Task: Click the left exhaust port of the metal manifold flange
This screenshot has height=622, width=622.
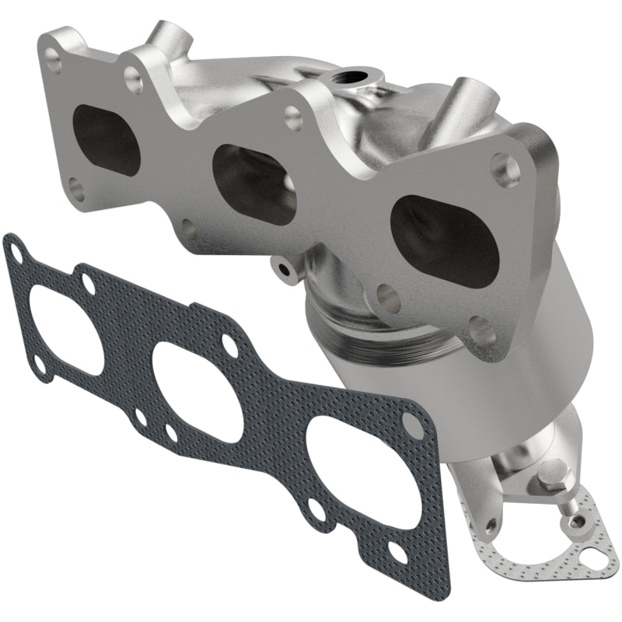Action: [x=106, y=138]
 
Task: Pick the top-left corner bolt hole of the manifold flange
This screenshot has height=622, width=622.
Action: [x=54, y=55]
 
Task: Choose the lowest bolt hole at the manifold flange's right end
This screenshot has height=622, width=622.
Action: [x=481, y=329]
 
